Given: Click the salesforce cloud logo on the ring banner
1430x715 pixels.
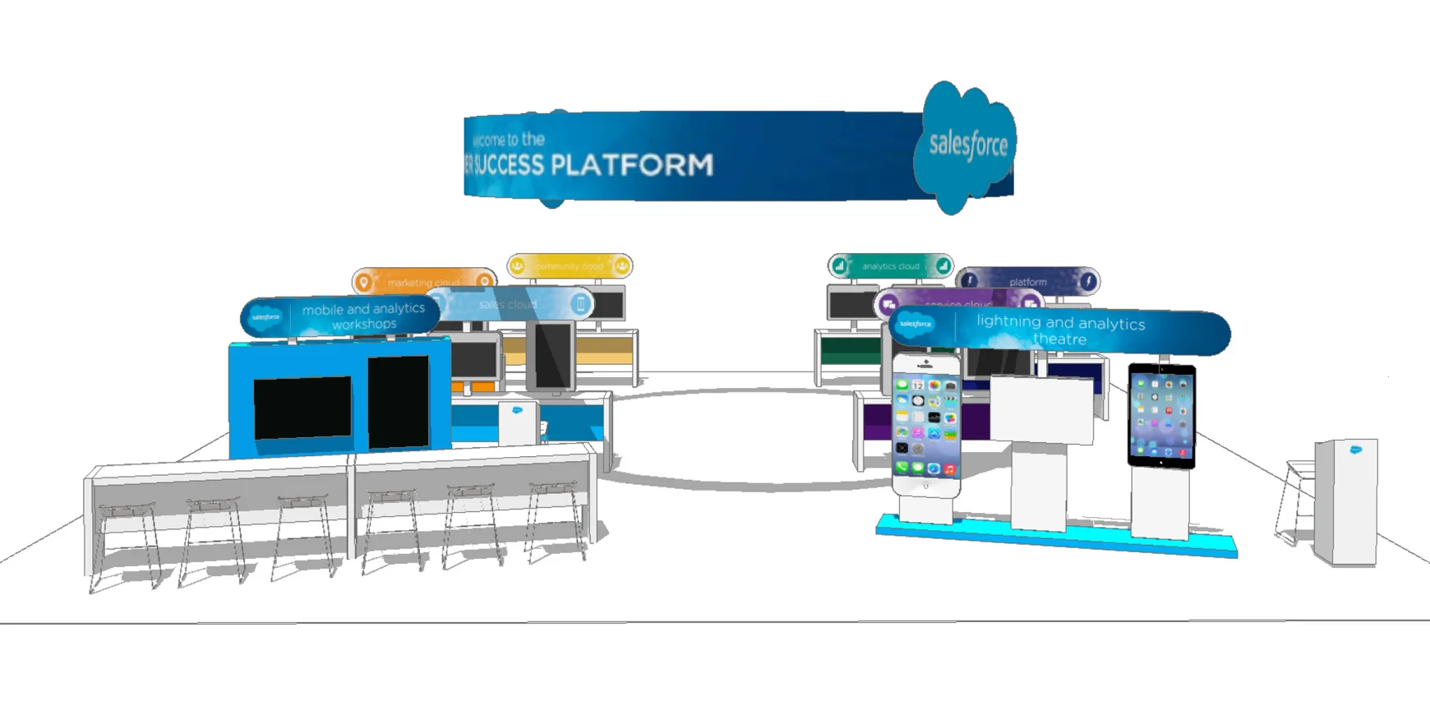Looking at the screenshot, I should [x=967, y=146].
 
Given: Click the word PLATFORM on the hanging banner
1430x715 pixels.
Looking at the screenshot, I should [x=631, y=164].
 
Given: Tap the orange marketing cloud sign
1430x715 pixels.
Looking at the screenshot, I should [x=423, y=280].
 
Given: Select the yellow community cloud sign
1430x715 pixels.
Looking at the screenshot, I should [x=570, y=266].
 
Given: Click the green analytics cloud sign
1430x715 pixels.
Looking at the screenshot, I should [x=890, y=266].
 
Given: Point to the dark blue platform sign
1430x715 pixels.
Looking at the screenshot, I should [x=1027, y=281].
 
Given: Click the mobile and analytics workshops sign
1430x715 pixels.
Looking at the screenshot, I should [x=341, y=316].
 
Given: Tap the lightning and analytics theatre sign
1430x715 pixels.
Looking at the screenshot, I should [x=1060, y=330].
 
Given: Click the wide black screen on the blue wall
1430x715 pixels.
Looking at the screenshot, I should [x=302, y=408].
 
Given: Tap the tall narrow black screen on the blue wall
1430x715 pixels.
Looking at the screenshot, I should [x=398, y=402].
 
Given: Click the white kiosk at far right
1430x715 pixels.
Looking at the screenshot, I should [x=1346, y=501].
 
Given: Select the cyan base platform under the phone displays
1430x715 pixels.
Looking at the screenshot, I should [x=1056, y=537].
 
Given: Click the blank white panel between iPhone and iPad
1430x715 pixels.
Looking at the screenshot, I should [x=1040, y=409].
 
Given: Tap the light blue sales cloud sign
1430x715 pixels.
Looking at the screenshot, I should [x=510, y=304].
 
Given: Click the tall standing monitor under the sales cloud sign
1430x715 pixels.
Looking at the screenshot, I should [x=551, y=356].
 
